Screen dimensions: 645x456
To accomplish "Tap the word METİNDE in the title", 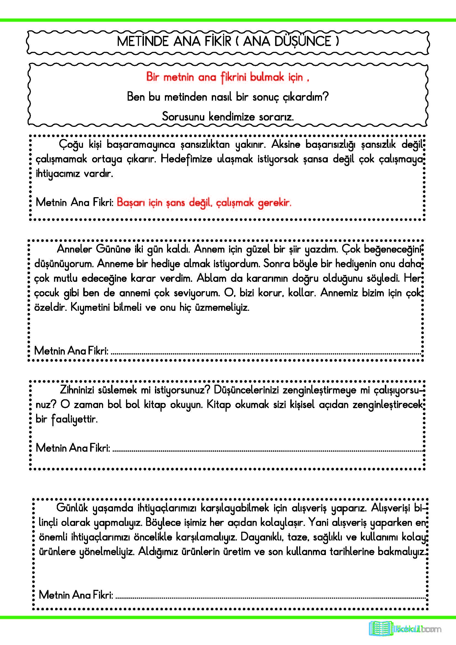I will [142, 41].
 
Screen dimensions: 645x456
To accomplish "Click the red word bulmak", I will [267, 77].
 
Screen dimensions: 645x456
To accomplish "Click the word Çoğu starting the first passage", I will [71, 145].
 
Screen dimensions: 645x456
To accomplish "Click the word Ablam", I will [211, 279].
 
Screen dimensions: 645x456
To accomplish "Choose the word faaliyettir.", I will [74, 419].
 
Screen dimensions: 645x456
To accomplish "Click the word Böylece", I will [163, 523].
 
